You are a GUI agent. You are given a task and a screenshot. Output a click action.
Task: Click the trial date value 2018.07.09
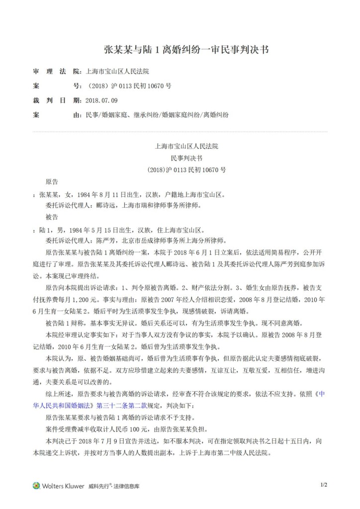coord(101,100)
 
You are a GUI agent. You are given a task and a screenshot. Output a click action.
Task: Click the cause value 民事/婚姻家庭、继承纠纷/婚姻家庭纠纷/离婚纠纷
coord(157,114)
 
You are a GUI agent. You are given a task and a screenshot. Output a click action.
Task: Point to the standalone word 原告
coord(52,181)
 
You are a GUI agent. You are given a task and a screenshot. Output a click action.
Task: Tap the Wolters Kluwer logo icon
coord(36,486)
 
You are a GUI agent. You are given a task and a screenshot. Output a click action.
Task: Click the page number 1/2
coord(324,485)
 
